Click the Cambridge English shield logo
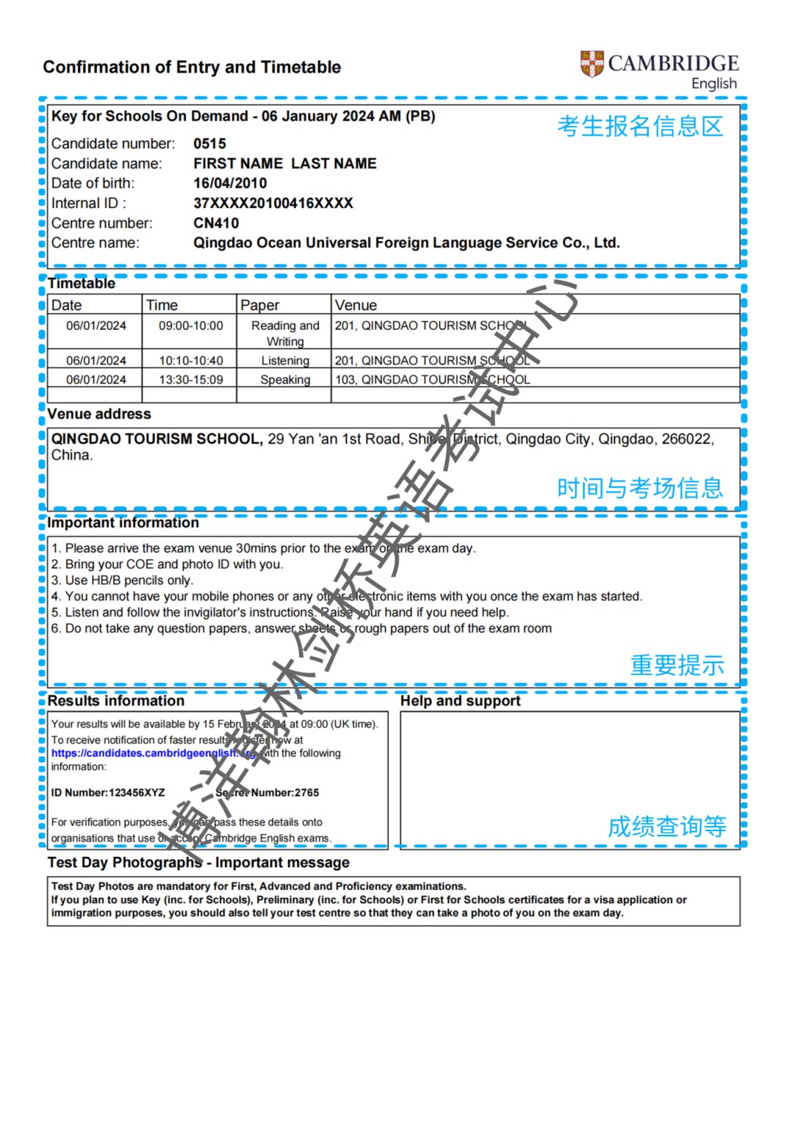pos(592,65)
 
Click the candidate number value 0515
pos(210,144)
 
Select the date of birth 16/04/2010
pos(230,183)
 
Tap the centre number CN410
pos(216,223)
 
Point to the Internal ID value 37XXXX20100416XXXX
pos(273,203)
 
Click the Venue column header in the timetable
pos(356,305)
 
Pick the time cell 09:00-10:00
pos(191,325)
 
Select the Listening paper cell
pos(285,361)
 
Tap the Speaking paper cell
pos(285,380)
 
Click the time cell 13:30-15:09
pos(191,380)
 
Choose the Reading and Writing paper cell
pos(285,334)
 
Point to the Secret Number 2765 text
pos(268,792)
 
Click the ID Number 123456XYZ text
pos(108,792)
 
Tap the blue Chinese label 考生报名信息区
pos(639,126)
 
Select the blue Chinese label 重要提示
pos(677,665)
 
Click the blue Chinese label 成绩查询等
pos(667,826)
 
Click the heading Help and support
pos(460,701)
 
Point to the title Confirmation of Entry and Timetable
pos(192,67)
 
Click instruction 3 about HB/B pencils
pos(122,581)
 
